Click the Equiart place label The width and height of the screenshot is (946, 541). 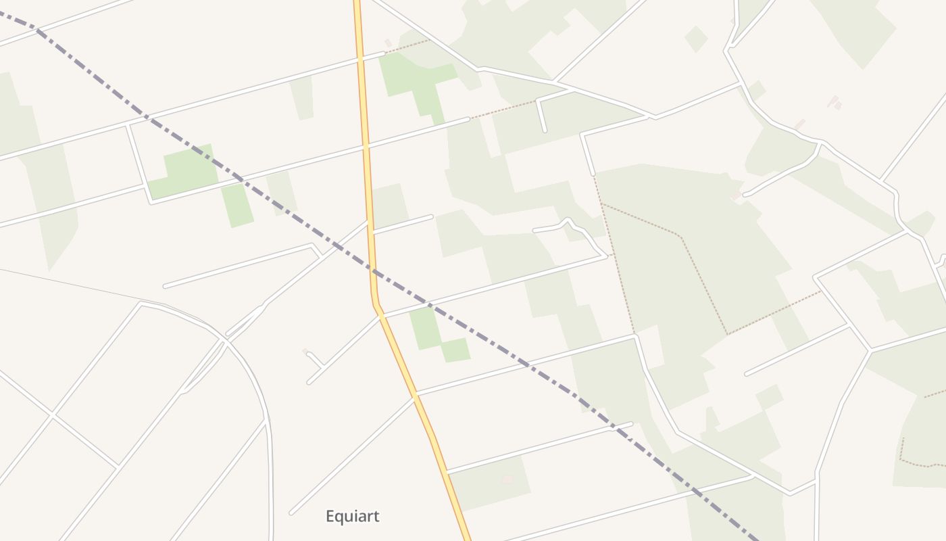tap(352, 517)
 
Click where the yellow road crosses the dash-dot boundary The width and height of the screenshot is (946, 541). tap(373, 271)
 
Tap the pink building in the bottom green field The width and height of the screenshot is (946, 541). tap(507, 479)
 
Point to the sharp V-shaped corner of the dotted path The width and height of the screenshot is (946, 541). tap(727, 334)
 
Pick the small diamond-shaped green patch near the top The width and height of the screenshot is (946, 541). tap(695, 39)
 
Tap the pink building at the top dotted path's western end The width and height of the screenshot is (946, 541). tap(388, 43)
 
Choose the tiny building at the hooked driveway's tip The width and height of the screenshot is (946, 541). tap(305, 351)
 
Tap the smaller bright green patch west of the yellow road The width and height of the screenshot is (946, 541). tap(237, 205)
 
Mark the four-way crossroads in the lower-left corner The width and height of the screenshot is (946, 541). tap(51, 415)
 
